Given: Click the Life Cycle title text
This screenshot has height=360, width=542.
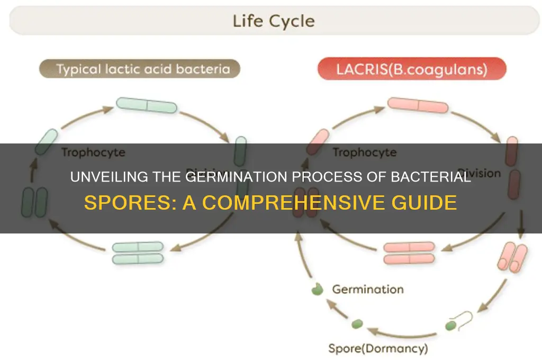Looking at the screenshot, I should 274,22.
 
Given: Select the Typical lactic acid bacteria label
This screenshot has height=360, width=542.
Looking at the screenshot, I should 139,69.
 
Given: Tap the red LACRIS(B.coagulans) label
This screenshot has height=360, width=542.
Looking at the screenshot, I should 412,69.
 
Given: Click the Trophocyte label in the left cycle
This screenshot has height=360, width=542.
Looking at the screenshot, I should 93,152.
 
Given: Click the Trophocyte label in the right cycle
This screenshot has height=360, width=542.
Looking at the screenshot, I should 364,152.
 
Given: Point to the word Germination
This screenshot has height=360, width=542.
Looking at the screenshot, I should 367,289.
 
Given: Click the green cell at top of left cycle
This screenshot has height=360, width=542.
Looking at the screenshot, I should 146,105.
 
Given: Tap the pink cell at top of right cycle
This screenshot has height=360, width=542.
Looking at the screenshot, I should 418,105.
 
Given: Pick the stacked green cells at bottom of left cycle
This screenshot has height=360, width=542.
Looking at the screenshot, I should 138,253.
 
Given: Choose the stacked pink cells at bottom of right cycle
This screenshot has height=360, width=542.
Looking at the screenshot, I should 409,253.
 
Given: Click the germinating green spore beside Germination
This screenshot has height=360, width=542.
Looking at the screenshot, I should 318,290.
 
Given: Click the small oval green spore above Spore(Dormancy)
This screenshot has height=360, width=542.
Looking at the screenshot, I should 357,323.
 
